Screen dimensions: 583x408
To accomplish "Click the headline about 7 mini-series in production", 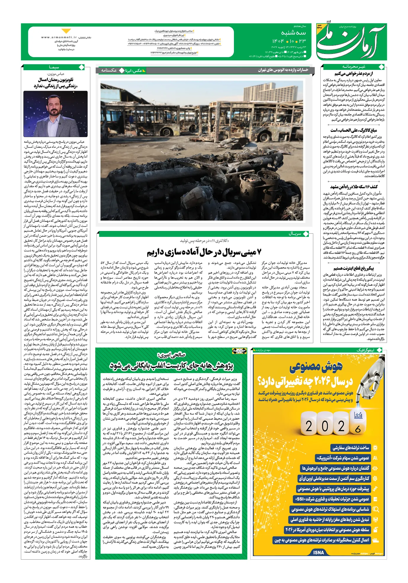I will pyautogui.click(x=204, y=252).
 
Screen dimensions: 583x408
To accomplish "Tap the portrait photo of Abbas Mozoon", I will pyautogui.click(x=55, y=114).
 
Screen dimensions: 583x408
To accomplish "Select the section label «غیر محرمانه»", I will pyautogui.click(x=354, y=67).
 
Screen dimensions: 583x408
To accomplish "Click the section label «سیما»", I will pyautogui.click(x=54, y=67).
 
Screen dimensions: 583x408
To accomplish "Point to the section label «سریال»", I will pyautogui.click(x=295, y=234).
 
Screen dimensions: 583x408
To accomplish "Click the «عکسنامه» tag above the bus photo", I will pyautogui.click(x=109, y=70).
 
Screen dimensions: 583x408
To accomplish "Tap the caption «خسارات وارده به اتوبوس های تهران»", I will pyautogui.click(x=283, y=70).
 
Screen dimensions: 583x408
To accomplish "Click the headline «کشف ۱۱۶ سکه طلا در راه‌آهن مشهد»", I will pyautogui.click(x=354, y=187).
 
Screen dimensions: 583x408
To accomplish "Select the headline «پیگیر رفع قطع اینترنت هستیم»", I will pyautogui.click(x=354, y=268).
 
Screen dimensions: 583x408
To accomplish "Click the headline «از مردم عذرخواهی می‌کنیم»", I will pyautogui.click(x=354, y=74).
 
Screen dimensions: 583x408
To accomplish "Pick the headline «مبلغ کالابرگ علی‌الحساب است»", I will pyautogui.click(x=354, y=130).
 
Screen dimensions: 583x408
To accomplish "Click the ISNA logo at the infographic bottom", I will pyautogui.click(x=319, y=552).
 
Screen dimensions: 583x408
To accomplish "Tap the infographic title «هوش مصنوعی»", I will pyautogui.click(x=316, y=367).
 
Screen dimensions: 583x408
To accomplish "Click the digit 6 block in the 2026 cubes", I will pyautogui.click(x=358, y=429).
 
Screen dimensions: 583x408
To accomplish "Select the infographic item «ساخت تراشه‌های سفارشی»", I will pyautogui.click(x=351, y=448).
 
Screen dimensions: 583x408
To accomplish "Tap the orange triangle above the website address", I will pyautogui.click(x=66, y=31).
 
